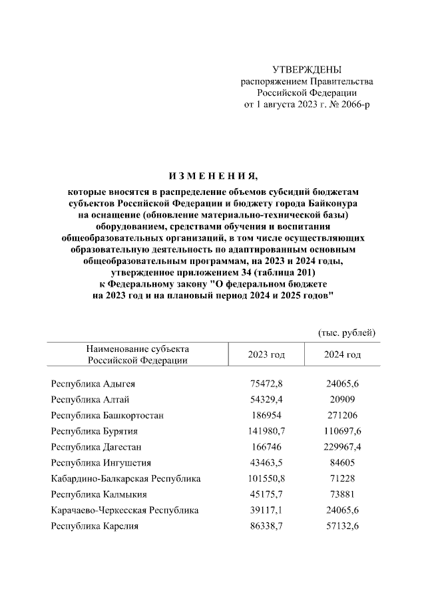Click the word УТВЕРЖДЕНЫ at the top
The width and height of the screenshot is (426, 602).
click(307, 70)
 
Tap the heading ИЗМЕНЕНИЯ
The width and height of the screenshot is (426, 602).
click(212, 176)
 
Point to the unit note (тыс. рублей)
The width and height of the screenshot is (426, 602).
click(347, 332)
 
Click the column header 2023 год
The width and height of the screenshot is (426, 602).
click(266, 355)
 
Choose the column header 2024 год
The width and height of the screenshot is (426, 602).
click(342, 355)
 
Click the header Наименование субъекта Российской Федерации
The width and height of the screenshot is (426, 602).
click(138, 355)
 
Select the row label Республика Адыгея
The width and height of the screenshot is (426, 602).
click(93, 384)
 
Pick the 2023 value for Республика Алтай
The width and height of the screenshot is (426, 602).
click(266, 400)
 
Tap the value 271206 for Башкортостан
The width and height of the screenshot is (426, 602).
click(342, 416)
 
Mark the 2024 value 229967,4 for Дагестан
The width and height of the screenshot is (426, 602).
click(342, 448)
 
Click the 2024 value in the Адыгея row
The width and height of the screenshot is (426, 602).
click(342, 384)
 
